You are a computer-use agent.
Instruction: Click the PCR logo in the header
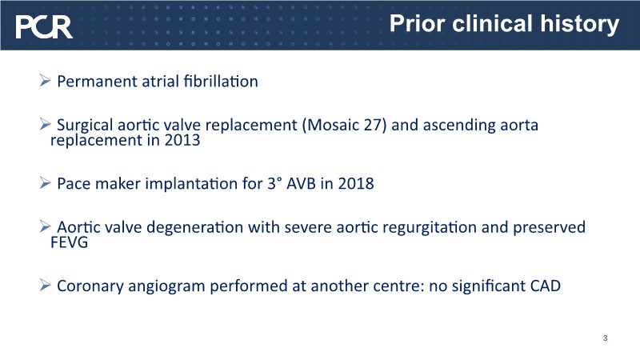point(44,27)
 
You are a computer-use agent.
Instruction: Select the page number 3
point(605,338)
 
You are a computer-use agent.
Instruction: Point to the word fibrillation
point(221,82)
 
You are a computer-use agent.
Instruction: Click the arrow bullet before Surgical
point(45,124)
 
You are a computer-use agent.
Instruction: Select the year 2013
point(182,141)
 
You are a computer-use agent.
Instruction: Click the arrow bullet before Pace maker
point(45,183)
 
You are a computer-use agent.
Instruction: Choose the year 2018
point(356,184)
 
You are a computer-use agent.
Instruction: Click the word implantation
point(191,184)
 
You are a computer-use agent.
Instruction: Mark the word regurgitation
point(430,228)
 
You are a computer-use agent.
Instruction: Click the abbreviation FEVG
point(69,242)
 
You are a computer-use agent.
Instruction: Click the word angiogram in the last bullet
point(166,287)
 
